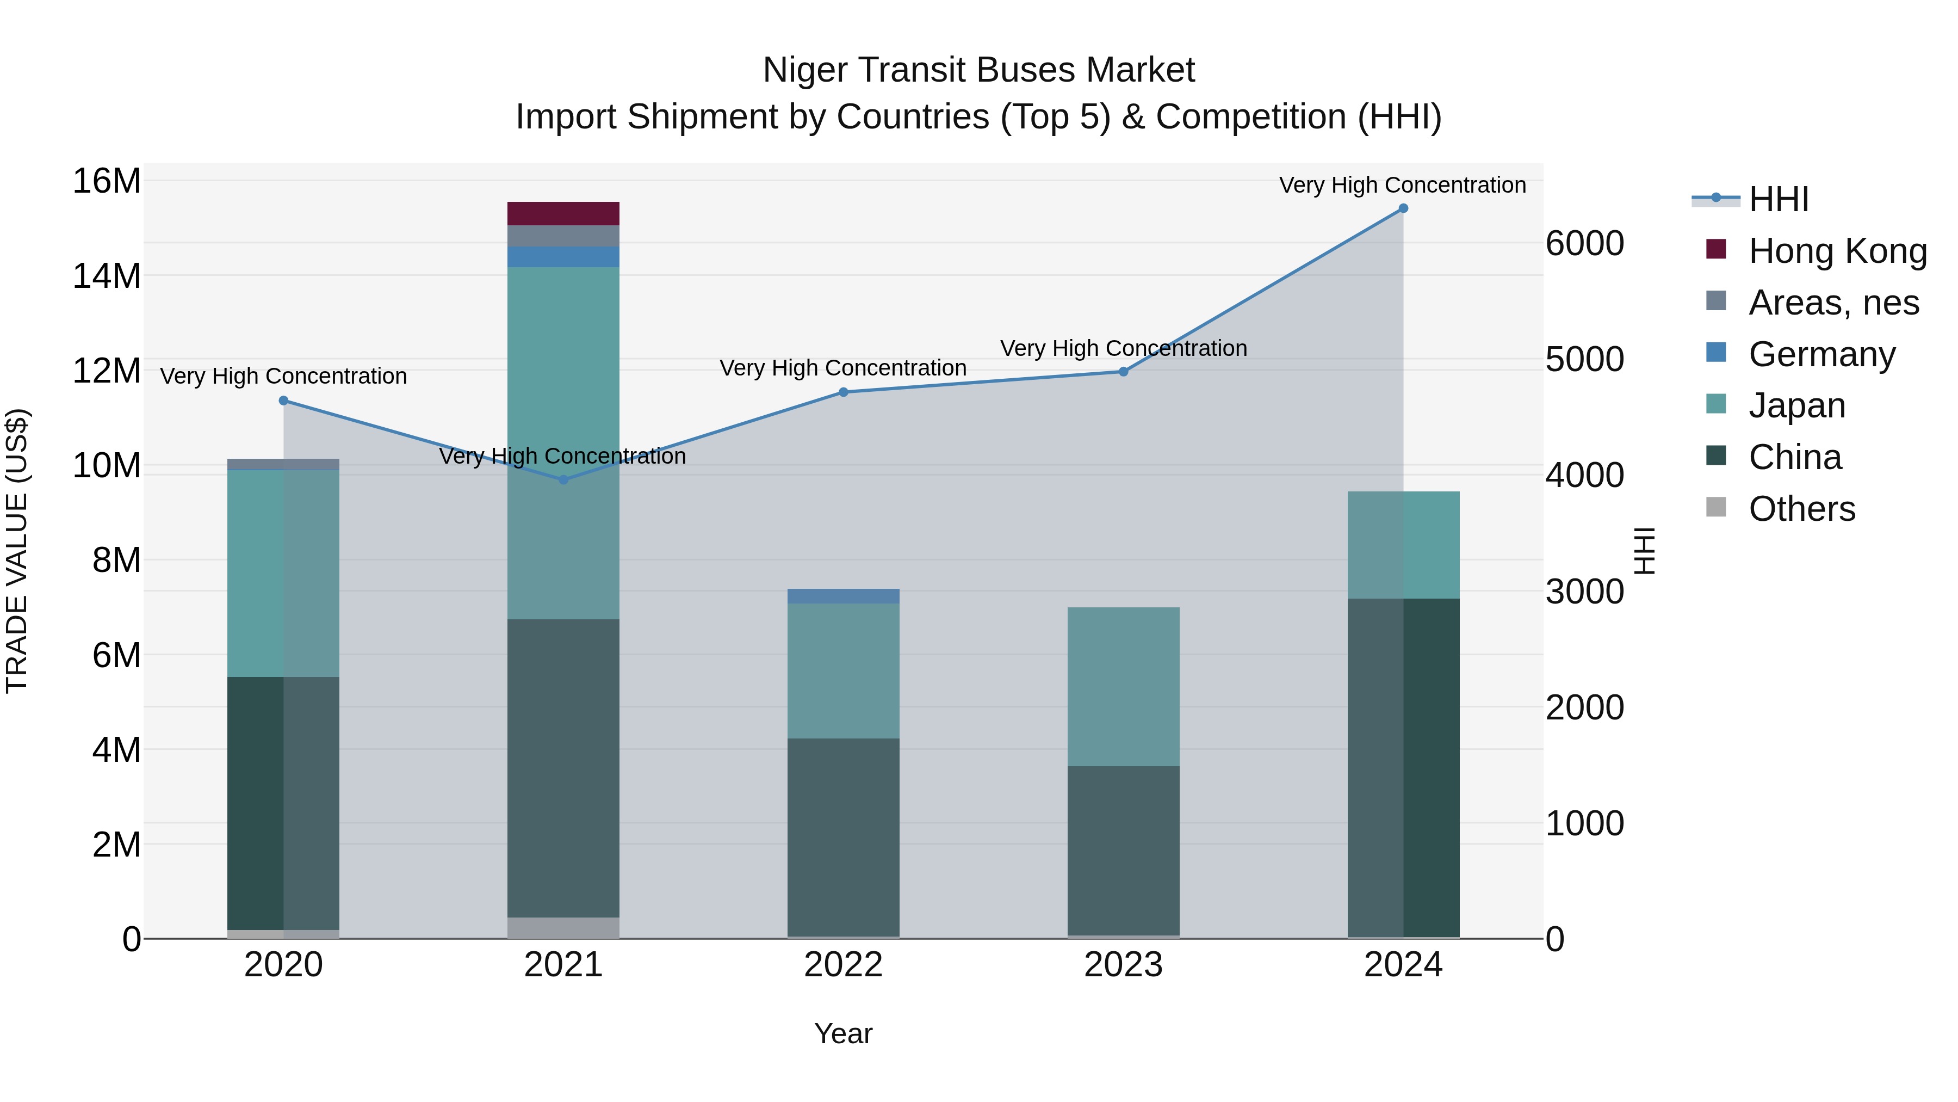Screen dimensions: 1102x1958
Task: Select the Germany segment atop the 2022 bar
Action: (x=843, y=596)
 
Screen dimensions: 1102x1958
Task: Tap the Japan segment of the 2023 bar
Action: (x=1124, y=686)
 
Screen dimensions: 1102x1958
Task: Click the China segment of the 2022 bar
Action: (x=843, y=836)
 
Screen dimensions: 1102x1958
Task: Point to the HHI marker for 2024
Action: (x=1403, y=208)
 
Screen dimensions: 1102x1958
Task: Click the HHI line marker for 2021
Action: (x=563, y=480)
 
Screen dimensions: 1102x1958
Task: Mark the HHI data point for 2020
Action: (x=283, y=401)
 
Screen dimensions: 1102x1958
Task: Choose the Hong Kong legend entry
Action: (x=1837, y=251)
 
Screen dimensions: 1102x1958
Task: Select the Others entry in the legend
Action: (x=1801, y=509)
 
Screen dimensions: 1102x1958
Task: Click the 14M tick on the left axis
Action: (x=107, y=275)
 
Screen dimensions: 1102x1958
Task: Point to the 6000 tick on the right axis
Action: (x=1585, y=243)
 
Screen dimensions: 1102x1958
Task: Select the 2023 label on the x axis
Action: (x=1124, y=965)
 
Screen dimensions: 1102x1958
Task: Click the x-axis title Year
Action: (x=843, y=1033)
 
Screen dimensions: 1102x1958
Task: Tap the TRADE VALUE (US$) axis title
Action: (x=17, y=551)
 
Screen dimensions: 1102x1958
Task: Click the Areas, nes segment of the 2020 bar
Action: (x=283, y=464)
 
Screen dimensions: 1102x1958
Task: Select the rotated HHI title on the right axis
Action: (x=1644, y=551)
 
